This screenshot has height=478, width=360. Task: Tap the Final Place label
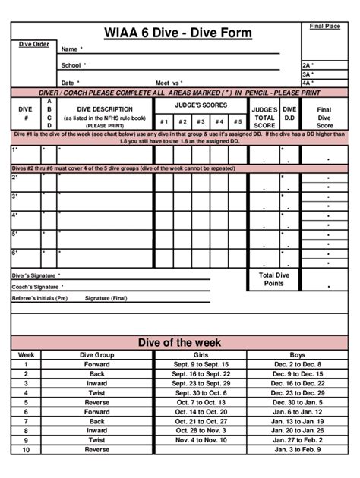(x=324, y=27)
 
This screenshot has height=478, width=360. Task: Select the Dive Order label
(x=33, y=44)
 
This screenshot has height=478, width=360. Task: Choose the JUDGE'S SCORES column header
(x=201, y=105)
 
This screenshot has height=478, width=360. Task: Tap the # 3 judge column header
(x=201, y=121)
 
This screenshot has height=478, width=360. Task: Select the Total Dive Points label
(x=273, y=279)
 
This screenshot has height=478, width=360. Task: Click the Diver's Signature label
(x=36, y=275)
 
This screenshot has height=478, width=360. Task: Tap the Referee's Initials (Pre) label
(x=39, y=298)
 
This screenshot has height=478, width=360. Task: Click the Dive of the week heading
(x=179, y=343)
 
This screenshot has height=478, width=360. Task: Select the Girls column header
(x=201, y=354)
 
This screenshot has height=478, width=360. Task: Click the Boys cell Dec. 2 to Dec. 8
(x=296, y=364)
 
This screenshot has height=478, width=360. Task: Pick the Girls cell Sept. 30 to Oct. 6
(x=201, y=393)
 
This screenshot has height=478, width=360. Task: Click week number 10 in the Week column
(x=26, y=449)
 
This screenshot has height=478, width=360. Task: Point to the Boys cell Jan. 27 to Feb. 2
(x=296, y=439)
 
